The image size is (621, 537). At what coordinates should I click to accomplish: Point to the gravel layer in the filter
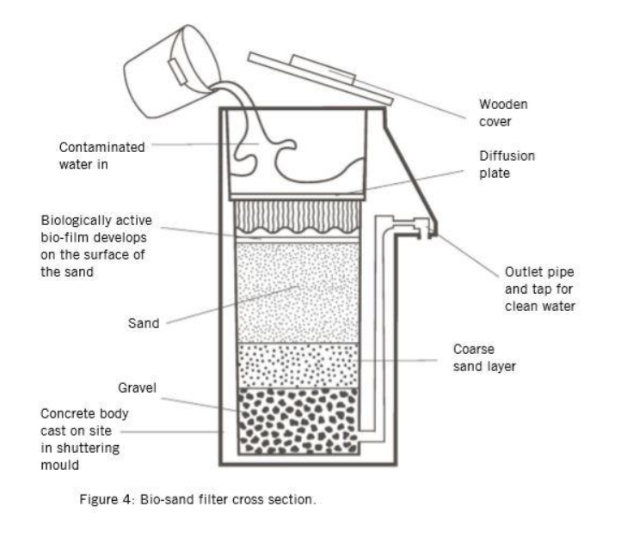click(297, 421)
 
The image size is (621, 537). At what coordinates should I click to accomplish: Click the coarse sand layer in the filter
click(297, 364)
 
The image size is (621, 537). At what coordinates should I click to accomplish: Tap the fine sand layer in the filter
click(297, 292)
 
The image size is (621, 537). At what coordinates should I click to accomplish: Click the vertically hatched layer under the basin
click(297, 217)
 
